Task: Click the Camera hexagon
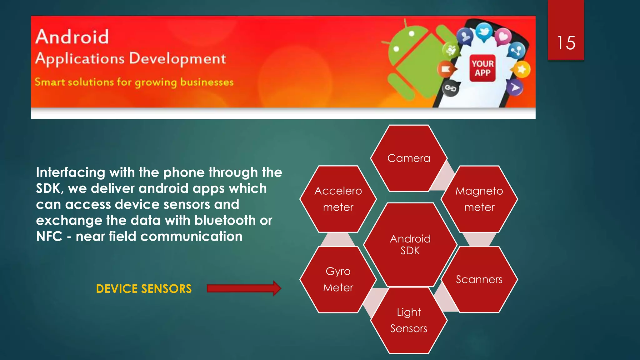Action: tap(408, 158)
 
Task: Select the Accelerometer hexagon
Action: tap(338, 199)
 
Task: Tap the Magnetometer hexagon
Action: tap(479, 199)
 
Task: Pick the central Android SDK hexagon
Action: tap(410, 245)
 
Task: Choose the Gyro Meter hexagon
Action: tap(338, 279)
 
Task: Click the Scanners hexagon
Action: tap(479, 279)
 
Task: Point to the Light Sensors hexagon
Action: tap(408, 320)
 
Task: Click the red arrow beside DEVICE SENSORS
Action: tap(244, 288)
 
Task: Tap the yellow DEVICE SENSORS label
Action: tap(144, 289)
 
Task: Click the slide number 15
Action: tap(566, 43)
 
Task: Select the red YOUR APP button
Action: tap(482, 68)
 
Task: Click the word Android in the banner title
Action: tap(72, 37)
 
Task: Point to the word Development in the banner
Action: tap(177, 58)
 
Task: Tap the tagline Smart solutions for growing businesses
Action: tap(134, 82)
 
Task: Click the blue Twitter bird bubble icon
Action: tap(484, 32)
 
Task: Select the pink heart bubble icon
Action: tap(503, 37)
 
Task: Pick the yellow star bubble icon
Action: tap(521, 69)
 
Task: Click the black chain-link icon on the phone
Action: tap(450, 89)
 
